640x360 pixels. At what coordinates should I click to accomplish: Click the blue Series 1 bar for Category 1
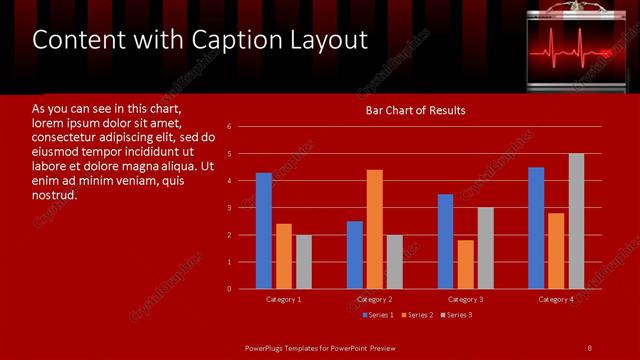point(264,231)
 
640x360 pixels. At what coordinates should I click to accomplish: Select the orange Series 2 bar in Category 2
point(374,229)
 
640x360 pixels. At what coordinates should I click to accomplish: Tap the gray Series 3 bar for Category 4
point(576,221)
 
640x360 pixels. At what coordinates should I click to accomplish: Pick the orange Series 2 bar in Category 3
point(465,264)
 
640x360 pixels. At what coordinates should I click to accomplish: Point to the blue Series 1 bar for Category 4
point(536,228)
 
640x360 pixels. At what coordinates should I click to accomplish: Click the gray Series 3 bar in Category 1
point(303,262)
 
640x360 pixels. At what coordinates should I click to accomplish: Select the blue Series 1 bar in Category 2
point(355,255)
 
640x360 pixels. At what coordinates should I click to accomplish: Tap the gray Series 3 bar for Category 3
point(485,248)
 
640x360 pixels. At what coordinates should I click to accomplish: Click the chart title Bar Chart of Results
point(415,110)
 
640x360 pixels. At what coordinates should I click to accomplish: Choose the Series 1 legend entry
point(377,315)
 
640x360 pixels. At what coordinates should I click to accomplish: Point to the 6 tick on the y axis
point(230,127)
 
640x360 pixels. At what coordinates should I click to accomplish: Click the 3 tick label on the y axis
point(230,208)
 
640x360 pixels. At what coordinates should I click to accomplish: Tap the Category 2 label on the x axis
point(374,299)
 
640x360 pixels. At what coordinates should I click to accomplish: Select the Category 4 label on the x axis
point(556,299)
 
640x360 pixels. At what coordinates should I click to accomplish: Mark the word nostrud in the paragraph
point(54,194)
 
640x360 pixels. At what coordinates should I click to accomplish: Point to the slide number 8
point(589,347)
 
